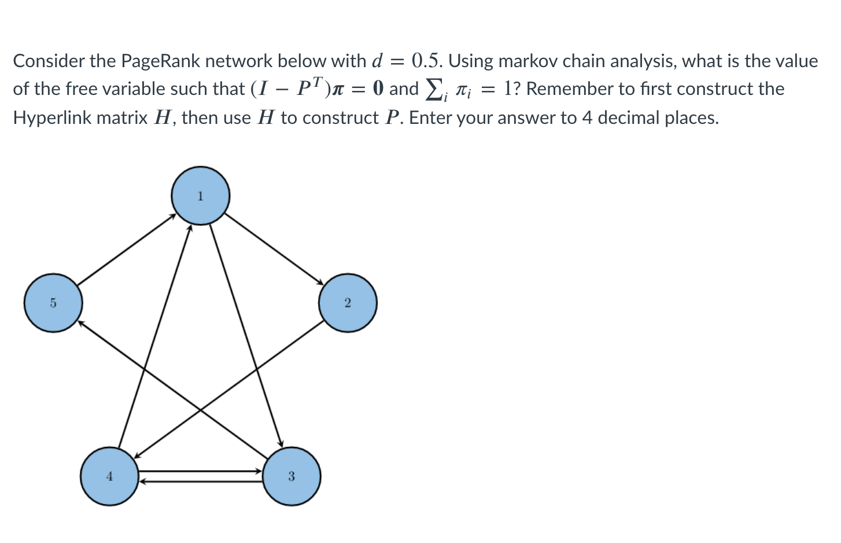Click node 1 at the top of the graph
point(200,196)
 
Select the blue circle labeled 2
point(348,303)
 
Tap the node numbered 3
point(291,476)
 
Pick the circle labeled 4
point(109,476)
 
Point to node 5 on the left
point(53,303)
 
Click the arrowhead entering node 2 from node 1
point(320,282)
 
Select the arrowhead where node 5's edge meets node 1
point(173,216)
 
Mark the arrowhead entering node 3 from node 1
point(281,443)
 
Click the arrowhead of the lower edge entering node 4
point(142,480)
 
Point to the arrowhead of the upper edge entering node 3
point(259,471)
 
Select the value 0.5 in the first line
point(427,60)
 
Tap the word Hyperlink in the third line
point(52,118)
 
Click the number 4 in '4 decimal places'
point(587,118)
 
